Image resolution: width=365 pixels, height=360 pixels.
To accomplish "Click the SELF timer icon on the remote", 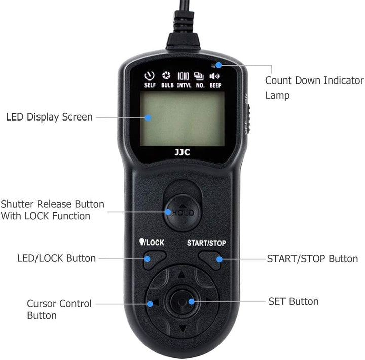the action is (150, 76).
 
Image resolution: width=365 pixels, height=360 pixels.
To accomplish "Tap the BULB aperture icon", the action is (166, 75).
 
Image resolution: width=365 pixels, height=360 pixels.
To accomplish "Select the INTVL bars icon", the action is (183, 76).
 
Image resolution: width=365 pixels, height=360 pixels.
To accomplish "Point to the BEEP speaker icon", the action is (214, 76).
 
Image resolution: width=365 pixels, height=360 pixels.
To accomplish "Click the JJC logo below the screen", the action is (182, 152).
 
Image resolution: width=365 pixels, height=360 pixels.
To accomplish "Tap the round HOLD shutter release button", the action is (182, 212).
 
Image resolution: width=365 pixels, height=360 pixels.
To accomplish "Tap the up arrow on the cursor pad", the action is (181, 275).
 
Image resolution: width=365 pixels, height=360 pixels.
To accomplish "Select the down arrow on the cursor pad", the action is (183, 329).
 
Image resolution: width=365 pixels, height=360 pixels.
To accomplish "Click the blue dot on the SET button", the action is (191, 302).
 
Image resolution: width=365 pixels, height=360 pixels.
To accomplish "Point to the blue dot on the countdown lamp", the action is (218, 65).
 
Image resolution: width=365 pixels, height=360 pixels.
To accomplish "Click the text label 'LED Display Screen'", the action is (49, 117).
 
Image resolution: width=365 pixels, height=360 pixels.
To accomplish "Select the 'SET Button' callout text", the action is (294, 301).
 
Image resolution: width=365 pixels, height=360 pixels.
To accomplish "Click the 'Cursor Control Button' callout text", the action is (59, 309).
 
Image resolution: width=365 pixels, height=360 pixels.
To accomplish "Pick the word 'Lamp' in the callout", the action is (277, 96).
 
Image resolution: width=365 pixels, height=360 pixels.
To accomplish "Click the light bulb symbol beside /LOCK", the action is (141, 242).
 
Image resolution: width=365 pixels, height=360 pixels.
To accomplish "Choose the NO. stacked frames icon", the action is (199, 76).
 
